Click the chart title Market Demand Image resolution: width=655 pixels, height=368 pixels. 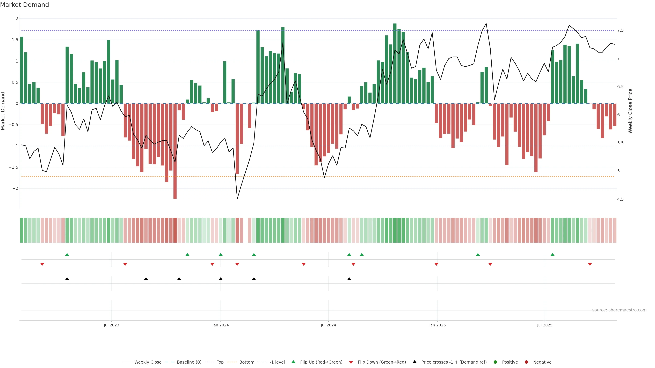click(x=24, y=5)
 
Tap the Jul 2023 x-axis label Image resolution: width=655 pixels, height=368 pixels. click(x=111, y=325)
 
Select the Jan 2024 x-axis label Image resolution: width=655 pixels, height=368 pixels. click(x=220, y=325)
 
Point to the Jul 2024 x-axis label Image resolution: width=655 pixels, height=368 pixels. click(x=328, y=325)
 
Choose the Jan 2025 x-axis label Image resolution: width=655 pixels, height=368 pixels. click(x=437, y=325)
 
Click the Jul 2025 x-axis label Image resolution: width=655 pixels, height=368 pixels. click(x=545, y=325)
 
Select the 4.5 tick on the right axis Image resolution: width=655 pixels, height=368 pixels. click(x=620, y=199)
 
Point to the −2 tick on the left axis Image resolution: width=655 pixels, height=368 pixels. click(x=15, y=188)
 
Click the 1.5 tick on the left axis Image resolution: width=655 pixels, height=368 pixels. click(x=15, y=40)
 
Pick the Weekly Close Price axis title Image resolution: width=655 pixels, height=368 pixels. click(x=630, y=111)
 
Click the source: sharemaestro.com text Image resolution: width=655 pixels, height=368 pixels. click(x=619, y=310)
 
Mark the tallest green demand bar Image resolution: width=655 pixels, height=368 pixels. click(x=395, y=64)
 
